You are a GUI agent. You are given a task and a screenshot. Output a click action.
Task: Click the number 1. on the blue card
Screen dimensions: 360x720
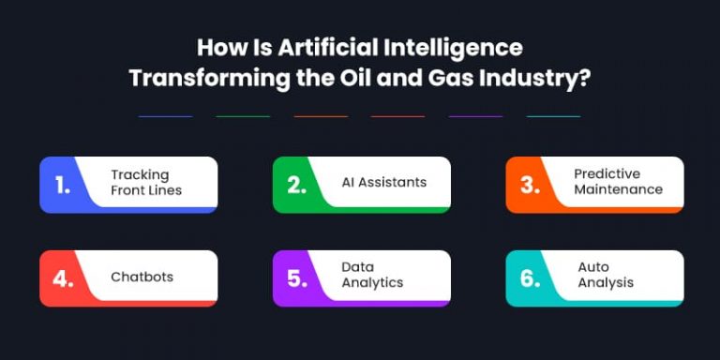pyautogui.click(x=63, y=185)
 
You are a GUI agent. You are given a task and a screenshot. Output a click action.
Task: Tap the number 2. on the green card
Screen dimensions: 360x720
pyautogui.click(x=297, y=185)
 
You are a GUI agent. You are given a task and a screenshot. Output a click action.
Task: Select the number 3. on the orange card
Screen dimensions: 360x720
pyautogui.click(x=531, y=185)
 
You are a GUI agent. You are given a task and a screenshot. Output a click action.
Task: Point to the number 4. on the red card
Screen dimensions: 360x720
pyautogui.click(x=63, y=278)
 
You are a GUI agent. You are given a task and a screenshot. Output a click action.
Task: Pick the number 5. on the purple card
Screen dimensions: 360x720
pyautogui.click(x=297, y=278)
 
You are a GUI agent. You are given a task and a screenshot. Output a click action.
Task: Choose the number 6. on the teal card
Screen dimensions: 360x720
pyautogui.click(x=531, y=278)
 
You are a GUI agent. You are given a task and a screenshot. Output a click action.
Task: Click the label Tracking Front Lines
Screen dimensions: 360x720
pyautogui.click(x=146, y=182)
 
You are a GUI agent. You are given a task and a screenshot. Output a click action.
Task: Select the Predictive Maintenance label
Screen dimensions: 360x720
pyautogui.click(x=619, y=182)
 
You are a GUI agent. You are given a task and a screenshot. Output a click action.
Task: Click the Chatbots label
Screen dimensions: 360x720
pyautogui.click(x=142, y=277)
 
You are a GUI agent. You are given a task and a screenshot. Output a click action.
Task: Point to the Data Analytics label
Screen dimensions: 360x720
pyautogui.click(x=372, y=275)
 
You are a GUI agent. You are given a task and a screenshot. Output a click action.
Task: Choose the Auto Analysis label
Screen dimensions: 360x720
pyautogui.click(x=606, y=275)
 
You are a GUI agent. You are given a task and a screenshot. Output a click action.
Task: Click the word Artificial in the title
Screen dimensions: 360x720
pyautogui.click(x=311, y=48)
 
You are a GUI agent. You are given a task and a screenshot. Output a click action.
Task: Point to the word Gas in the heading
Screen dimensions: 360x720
pyautogui.click(x=434, y=77)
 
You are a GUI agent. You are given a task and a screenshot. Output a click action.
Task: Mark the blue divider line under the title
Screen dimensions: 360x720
pyautogui.click(x=165, y=116)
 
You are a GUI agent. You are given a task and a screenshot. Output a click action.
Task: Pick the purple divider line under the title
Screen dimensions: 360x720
pyautogui.click(x=475, y=116)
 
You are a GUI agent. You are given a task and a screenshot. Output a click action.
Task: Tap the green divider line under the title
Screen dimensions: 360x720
pyautogui.click(x=243, y=116)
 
